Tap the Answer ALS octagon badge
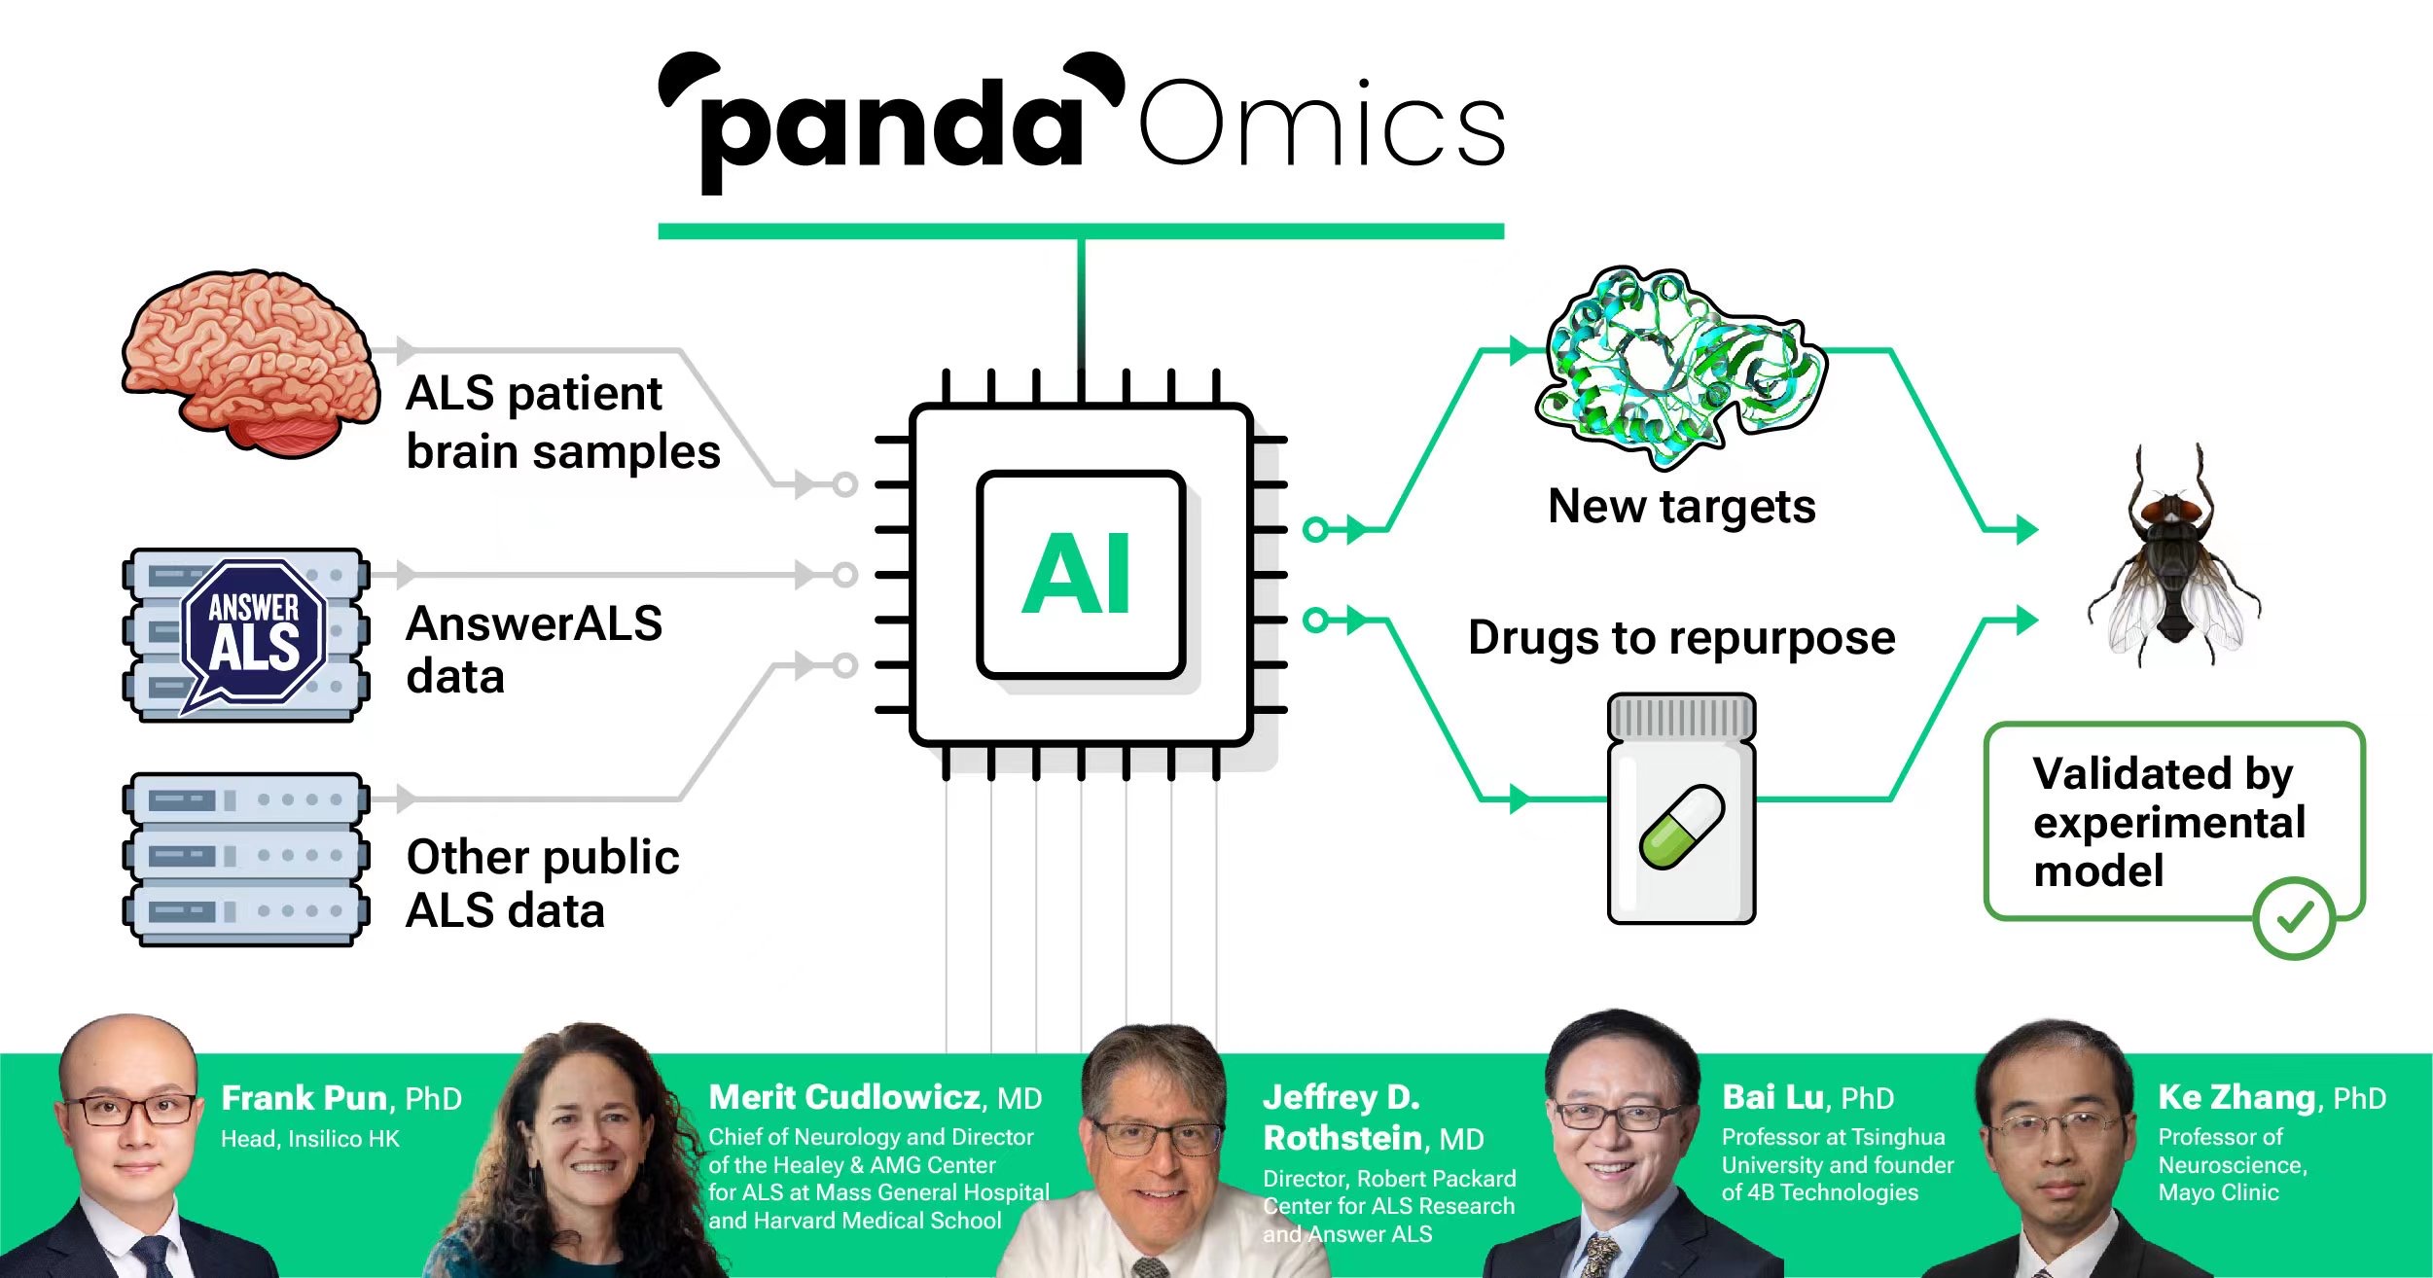[254, 632]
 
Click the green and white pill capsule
[1681, 827]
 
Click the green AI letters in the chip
[1078, 575]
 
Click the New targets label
[1681, 507]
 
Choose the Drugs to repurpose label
[1681, 638]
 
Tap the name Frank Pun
[304, 1098]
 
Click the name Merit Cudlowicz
[843, 1097]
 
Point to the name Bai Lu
[1772, 1097]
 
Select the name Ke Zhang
[2236, 1097]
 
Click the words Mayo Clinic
[2218, 1192]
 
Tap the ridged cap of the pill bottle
[1681, 717]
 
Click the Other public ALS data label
[542, 883]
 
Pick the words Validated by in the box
[2162, 774]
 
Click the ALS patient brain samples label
[561, 422]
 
